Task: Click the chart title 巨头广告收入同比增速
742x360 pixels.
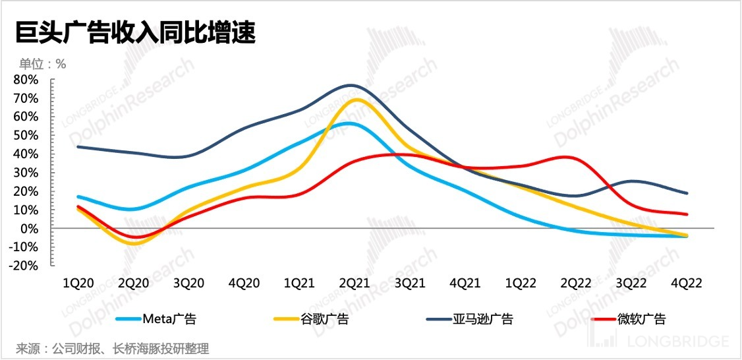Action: click(135, 31)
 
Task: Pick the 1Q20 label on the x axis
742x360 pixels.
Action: click(78, 283)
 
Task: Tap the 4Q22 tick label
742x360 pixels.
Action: click(686, 283)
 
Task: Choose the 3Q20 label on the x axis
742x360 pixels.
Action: click(189, 283)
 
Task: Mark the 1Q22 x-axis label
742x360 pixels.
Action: click(519, 283)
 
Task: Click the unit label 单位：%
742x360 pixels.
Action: click(42, 64)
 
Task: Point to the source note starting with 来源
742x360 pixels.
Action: click(112, 348)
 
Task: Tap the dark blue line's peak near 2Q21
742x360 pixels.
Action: click(351, 85)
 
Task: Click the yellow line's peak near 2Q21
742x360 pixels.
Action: click(357, 100)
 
